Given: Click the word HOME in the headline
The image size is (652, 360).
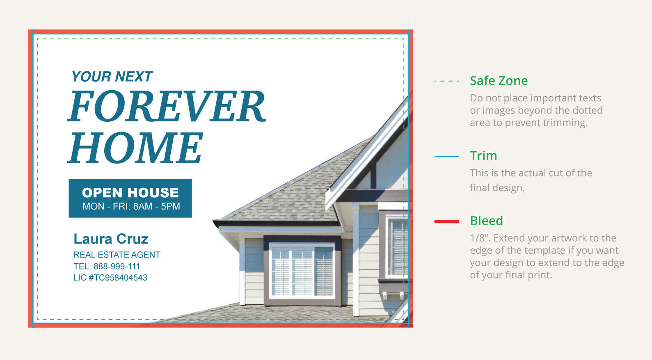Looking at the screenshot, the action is coord(135,148).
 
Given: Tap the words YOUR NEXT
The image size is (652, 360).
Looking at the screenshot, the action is coord(112,77).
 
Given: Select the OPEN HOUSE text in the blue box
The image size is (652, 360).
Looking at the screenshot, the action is coord(130,192).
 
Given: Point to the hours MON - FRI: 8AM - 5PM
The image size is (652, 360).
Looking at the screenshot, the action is coord(131,207).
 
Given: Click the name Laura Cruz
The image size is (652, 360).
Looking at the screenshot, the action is coord(111,239).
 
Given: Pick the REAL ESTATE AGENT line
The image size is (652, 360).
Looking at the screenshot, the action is coord(117,255).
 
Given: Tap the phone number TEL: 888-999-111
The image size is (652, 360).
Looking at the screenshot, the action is coord(107,267).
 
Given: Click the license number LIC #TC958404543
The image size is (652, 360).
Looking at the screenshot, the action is coord(110,278).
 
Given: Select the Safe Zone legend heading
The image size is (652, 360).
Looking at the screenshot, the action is coord(499,81).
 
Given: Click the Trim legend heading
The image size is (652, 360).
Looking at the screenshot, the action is coord(483,156).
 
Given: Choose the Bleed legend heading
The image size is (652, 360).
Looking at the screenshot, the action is coord(486,221).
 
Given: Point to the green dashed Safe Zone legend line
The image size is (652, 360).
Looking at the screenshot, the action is coord(446,81).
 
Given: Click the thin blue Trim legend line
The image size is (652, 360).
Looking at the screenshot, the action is coord(446,157).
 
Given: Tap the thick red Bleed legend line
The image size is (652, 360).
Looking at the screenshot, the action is coord(446,221).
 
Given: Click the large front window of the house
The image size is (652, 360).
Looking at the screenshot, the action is coord(302,271).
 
